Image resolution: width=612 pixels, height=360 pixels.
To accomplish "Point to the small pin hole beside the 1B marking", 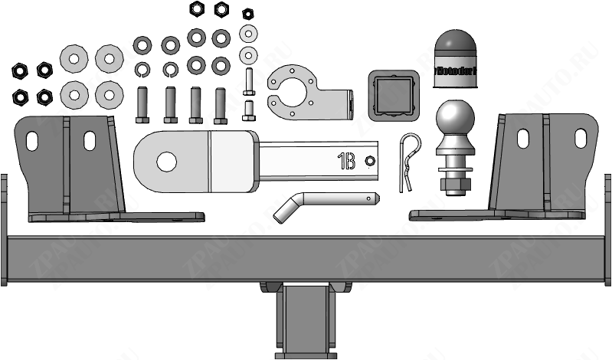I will (x=370, y=160).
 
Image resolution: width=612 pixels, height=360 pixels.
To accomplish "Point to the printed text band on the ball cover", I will (x=457, y=70).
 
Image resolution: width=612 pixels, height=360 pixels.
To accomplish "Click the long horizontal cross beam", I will (x=306, y=260).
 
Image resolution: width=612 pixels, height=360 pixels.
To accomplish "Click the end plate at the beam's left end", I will (x=3, y=230).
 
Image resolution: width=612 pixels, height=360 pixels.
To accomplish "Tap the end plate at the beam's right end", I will (x=608, y=230).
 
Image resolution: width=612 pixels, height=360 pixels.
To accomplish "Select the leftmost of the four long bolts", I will (x=141, y=104).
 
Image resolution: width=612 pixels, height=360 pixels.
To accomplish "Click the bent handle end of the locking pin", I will (x=284, y=210).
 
